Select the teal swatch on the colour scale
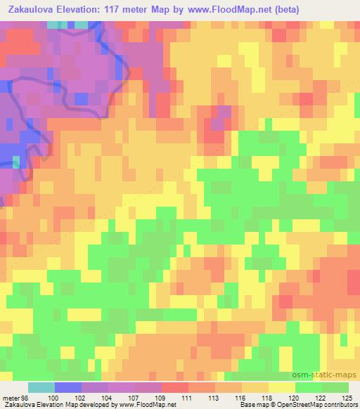[41, 388]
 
